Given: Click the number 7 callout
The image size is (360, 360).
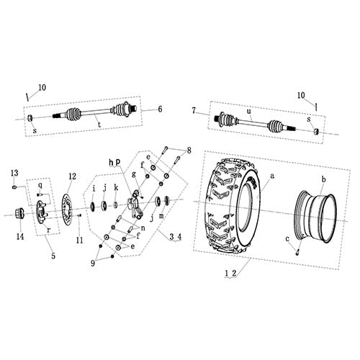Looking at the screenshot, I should (x=194, y=109).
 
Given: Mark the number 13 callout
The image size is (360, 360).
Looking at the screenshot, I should (x=14, y=173).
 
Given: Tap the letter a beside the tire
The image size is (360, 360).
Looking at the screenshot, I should (x=272, y=176).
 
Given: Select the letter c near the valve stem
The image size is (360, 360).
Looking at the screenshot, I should (x=287, y=239).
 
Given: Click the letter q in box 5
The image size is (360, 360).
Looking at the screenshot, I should (x=40, y=185).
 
